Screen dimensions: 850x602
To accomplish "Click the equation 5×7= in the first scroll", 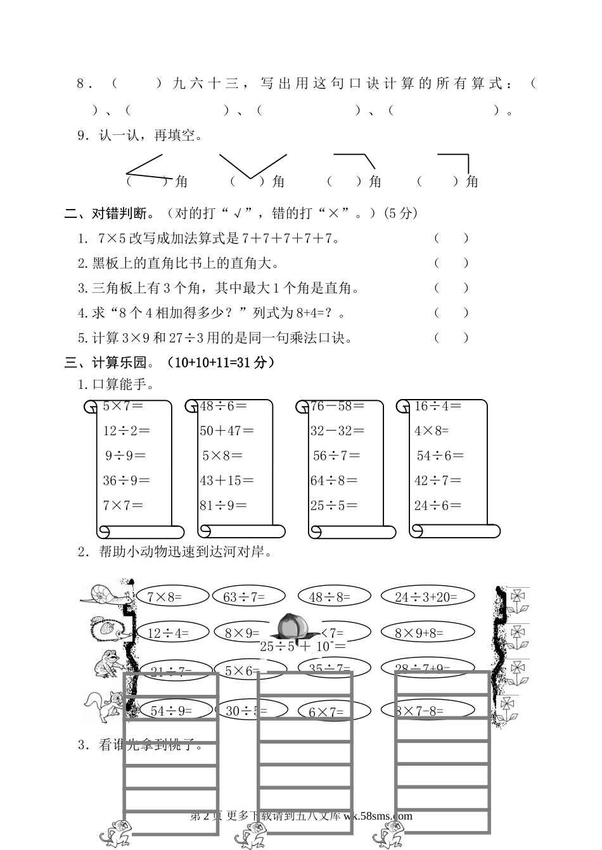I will pos(123,406).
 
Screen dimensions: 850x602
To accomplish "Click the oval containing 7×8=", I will pos(172,596).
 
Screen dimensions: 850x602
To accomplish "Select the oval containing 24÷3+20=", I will pos(427,596).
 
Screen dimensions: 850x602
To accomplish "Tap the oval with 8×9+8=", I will pos(427,632).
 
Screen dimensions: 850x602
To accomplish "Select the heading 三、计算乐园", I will pos(108,362).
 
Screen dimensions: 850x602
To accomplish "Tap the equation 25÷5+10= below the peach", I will pos(303,647).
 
